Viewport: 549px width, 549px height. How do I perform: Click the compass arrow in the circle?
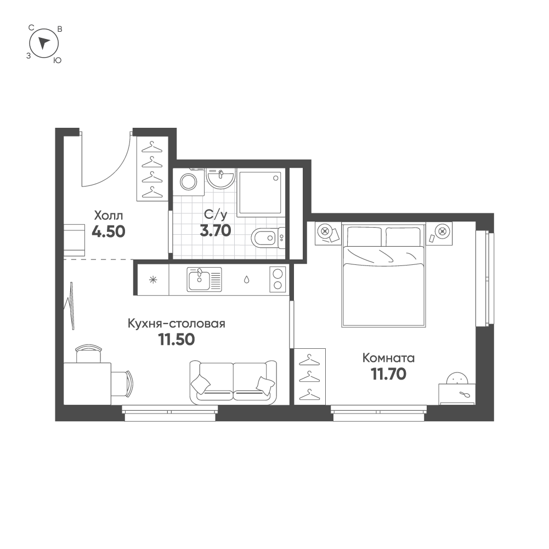(43, 42)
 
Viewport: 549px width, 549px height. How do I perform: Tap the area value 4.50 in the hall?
(109, 231)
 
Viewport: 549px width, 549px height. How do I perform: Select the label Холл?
(109, 214)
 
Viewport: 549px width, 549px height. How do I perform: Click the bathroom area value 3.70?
(216, 230)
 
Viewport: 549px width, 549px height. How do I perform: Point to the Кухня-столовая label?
(176, 324)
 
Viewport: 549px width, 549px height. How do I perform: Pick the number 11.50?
(177, 339)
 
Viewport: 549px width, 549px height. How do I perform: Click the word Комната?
(388, 358)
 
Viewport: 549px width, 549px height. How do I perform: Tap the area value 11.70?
(388, 374)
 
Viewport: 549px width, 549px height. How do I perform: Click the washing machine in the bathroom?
(189, 182)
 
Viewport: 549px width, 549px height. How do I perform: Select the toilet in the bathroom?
(268, 238)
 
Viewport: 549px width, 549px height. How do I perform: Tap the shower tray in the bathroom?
(260, 193)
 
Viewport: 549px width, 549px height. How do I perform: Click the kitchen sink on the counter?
(204, 279)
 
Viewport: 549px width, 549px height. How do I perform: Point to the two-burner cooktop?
(278, 279)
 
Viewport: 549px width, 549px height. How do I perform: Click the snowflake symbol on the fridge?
(153, 279)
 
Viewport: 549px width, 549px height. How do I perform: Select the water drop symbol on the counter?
(246, 279)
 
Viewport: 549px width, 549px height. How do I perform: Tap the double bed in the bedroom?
(384, 274)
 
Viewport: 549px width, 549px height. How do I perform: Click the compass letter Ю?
(57, 60)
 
